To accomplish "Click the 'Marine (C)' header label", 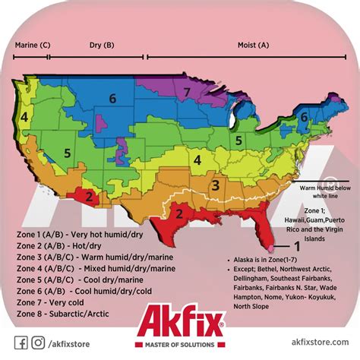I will click(32, 45).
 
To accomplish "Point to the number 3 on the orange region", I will click(216, 185).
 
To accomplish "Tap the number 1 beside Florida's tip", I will click(297, 245).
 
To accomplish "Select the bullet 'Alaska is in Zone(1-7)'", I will click(266, 261).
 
